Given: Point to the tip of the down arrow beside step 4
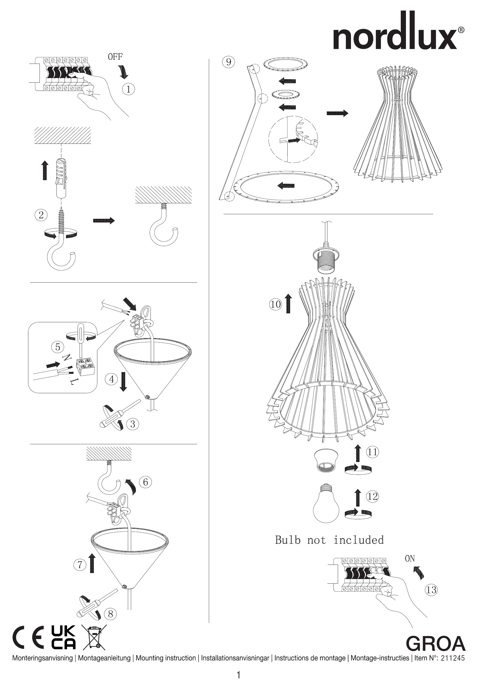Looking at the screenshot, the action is [123, 391].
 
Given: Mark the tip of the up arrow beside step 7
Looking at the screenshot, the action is [92, 553].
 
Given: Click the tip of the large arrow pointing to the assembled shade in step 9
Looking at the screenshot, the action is [348, 113].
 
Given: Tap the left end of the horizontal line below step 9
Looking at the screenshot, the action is [224, 214].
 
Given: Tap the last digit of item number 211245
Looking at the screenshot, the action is [463, 658].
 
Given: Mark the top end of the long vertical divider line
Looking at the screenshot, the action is [209, 59].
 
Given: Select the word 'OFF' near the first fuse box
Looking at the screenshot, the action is [115, 57].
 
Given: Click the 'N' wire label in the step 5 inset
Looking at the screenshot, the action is [67, 357].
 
